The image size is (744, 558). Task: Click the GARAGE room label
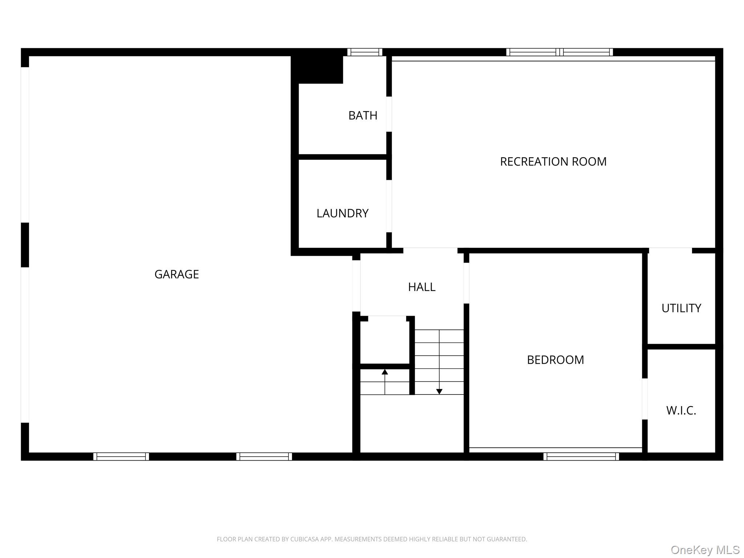coord(177,274)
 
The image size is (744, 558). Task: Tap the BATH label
coord(363,116)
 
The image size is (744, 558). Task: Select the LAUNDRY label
coord(343,213)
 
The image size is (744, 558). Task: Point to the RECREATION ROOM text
coord(553,162)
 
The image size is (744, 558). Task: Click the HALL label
coord(421,287)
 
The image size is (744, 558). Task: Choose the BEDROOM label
coord(555,360)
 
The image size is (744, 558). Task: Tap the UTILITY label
coord(681,308)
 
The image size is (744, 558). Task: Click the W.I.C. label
coord(681,411)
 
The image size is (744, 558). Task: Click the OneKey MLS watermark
coord(705,550)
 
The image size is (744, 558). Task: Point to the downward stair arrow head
coord(439,392)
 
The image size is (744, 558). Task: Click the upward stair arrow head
coord(385,372)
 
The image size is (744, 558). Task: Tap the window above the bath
coord(365,52)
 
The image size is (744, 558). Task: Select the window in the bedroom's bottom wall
coord(581,456)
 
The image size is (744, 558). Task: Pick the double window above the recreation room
coord(559,52)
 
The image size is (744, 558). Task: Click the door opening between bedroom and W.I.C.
coord(645,399)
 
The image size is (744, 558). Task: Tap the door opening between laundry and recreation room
coord(389,206)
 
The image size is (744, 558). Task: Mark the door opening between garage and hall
coord(356,286)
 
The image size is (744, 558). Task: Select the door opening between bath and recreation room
coord(389,114)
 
